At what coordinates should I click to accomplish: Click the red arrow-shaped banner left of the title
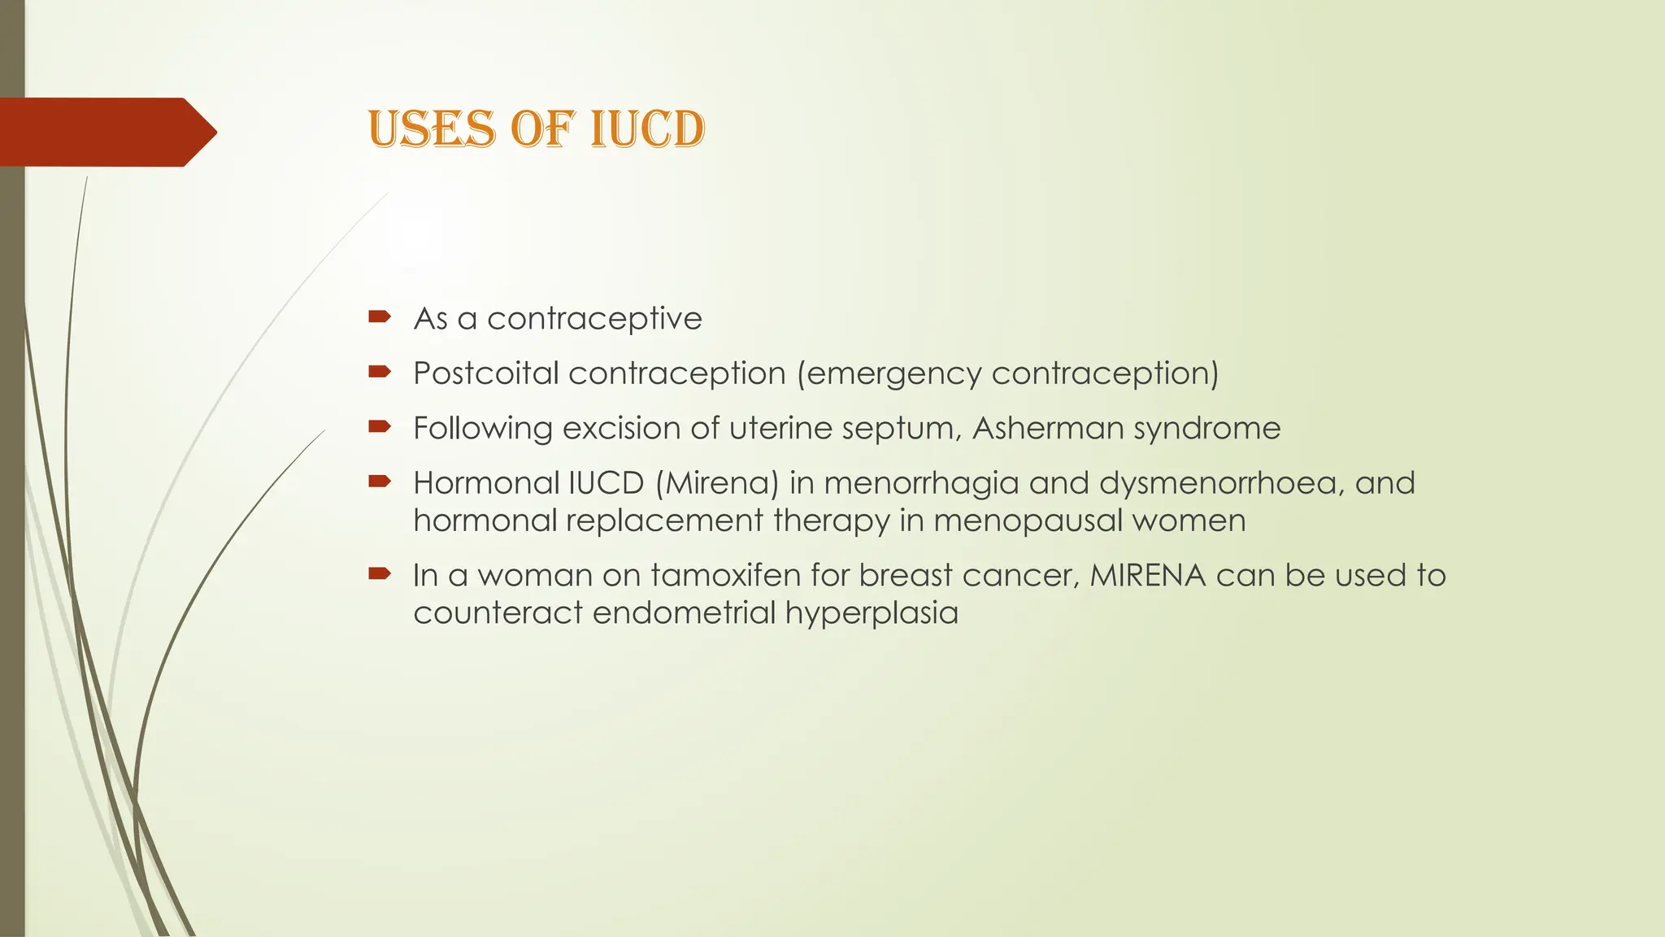(x=106, y=132)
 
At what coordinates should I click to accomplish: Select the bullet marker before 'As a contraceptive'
(x=380, y=316)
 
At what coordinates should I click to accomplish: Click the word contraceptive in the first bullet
(x=594, y=318)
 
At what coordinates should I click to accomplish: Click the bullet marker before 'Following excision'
(x=380, y=426)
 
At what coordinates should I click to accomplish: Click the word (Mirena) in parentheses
(x=717, y=483)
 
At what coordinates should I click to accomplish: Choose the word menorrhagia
(x=921, y=483)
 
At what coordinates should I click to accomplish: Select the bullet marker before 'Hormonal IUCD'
(x=380, y=482)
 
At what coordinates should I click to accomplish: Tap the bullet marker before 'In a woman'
(x=380, y=573)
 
